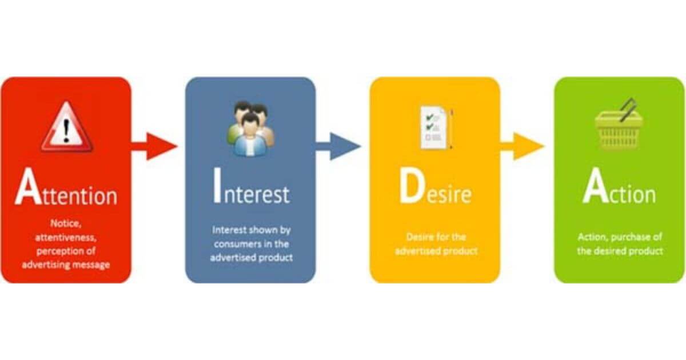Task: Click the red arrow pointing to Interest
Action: tap(154, 146)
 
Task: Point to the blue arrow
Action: tap(338, 146)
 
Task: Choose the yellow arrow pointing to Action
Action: tap(523, 146)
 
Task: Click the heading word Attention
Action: tap(66, 189)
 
